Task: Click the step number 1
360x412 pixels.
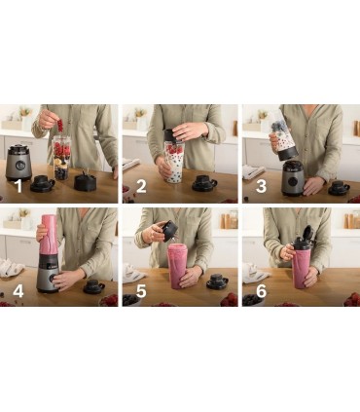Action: coord(18,186)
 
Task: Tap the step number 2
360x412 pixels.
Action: coord(141,186)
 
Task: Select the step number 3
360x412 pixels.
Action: coord(261,186)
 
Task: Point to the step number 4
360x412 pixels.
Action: coord(18,291)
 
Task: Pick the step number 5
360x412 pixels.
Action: coord(141,291)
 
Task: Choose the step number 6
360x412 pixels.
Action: coord(261,291)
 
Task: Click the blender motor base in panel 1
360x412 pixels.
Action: coord(18,163)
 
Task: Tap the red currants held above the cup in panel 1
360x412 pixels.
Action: coord(60,126)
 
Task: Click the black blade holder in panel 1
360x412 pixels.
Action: coord(85,182)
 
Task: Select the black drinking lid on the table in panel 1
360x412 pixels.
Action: coord(42,183)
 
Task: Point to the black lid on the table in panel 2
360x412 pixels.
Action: coord(204,183)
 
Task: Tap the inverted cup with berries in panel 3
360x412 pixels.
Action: coord(283,135)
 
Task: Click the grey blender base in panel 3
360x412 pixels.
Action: coord(293,178)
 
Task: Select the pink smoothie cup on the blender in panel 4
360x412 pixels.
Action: coord(49,235)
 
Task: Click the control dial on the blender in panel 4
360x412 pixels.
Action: coord(52,278)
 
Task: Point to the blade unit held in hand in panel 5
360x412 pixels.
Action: coord(169,231)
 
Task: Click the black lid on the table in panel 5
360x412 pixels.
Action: coord(218,281)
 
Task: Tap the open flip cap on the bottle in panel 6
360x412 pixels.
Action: coord(307,233)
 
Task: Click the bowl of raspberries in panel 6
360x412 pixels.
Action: coord(352,300)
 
